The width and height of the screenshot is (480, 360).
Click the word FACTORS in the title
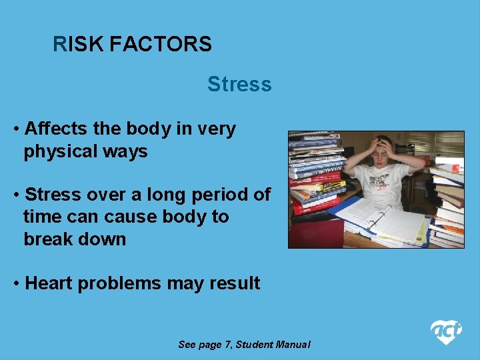coord(160,45)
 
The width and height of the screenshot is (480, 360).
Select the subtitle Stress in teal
coord(239,85)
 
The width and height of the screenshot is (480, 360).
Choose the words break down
coord(75,239)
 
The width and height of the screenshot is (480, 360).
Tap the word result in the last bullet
coord(233,283)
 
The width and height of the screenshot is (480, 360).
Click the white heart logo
coord(445,331)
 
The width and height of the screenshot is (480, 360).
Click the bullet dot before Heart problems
coord(16,283)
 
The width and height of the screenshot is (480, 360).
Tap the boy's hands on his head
coord(383,145)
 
